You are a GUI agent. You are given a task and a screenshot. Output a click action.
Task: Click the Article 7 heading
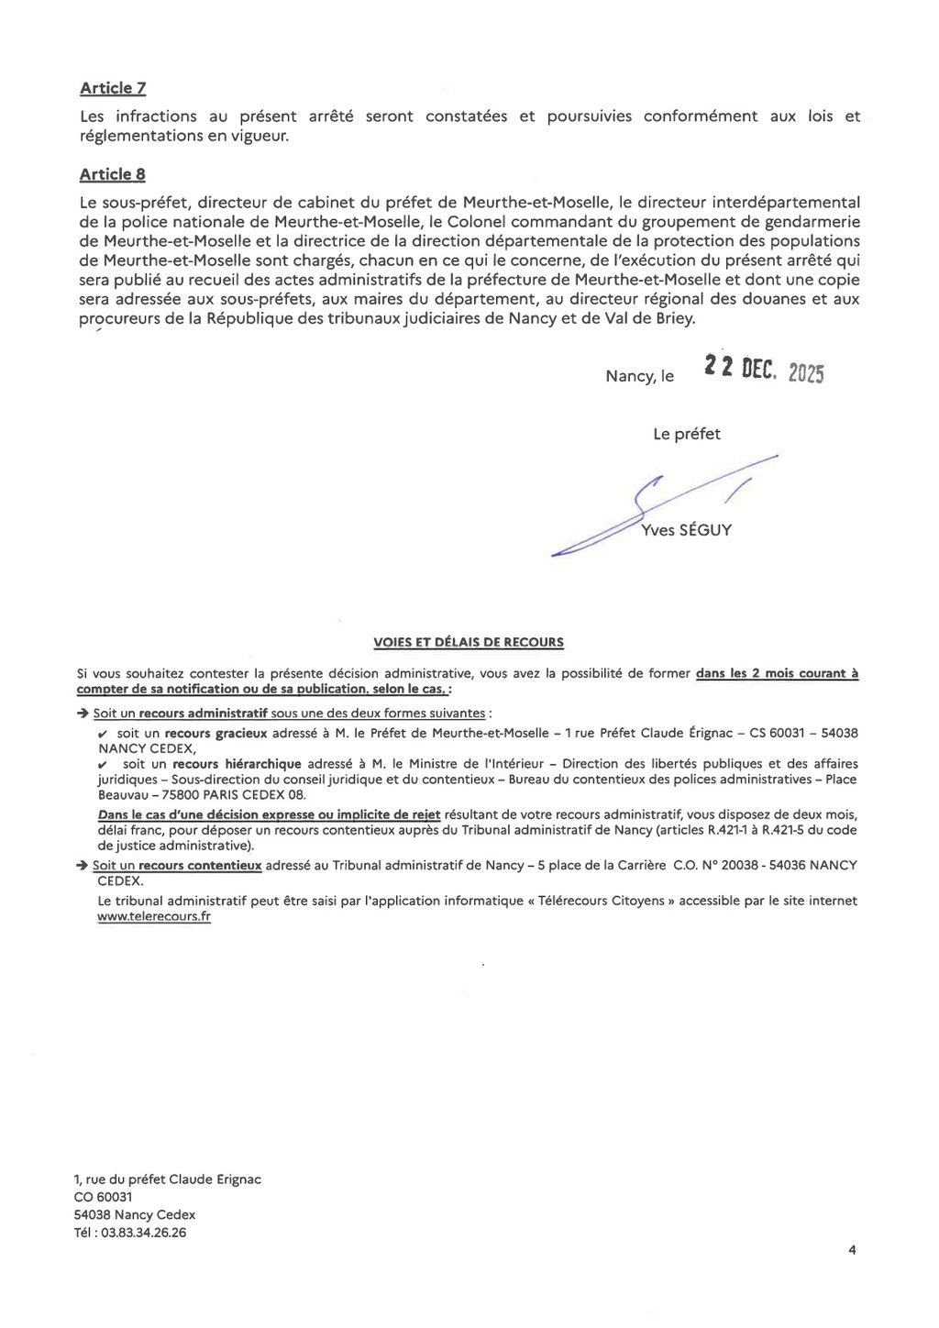click(x=112, y=88)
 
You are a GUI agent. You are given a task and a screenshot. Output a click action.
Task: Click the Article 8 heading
click(x=112, y=174)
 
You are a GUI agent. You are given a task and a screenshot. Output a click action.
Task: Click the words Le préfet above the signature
click(x=687, y=435)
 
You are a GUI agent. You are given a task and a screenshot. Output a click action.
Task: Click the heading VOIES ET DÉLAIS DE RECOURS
click(x=469, y=642)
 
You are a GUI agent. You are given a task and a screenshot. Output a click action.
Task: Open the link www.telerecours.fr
click(x=154, y=916)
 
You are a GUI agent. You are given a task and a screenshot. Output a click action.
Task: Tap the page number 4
click(x=852, y=1248)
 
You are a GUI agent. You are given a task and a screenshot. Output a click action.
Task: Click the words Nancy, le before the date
click(x=639, y=377)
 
